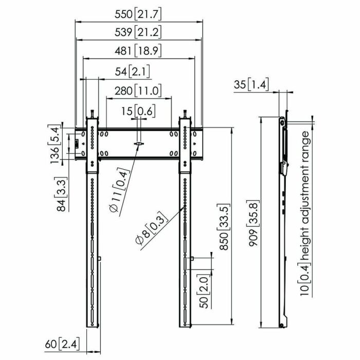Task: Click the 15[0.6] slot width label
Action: [x=138, y=111]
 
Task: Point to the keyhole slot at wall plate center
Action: [x=138, y=145]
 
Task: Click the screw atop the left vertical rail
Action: [x=92, y=114]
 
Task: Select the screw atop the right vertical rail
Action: [x=184, y=114]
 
